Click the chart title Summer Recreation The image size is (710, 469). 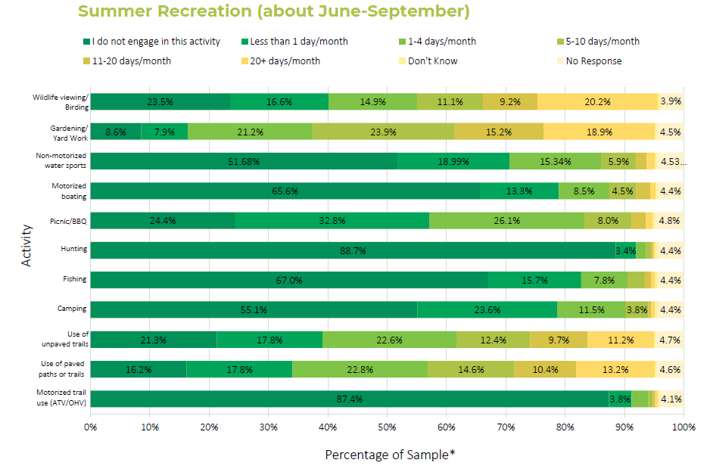[x=273, y=11]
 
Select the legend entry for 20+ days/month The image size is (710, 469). [x=285, y=61]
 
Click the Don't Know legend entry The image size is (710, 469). [x=432, y=61]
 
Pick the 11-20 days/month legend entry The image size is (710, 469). [x=129, y=61]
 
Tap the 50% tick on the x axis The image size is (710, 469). [x=387, y=427]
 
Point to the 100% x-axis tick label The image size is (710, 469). [x=683, y=427]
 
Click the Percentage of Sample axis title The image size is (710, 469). [x=391, y=455]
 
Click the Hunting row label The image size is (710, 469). [x=74, y=249]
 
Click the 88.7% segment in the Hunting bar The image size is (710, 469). [x=352, y=250]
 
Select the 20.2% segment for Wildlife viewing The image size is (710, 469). [x=597, y=102]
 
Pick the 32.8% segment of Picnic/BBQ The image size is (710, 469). [x=332, y=221]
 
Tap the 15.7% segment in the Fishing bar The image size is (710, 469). [x=534, y=280]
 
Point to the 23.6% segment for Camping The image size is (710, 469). [x=487, y=309]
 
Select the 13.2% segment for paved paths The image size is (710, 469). [x=615, y=369]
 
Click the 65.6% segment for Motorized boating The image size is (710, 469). [x=285, y=191]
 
